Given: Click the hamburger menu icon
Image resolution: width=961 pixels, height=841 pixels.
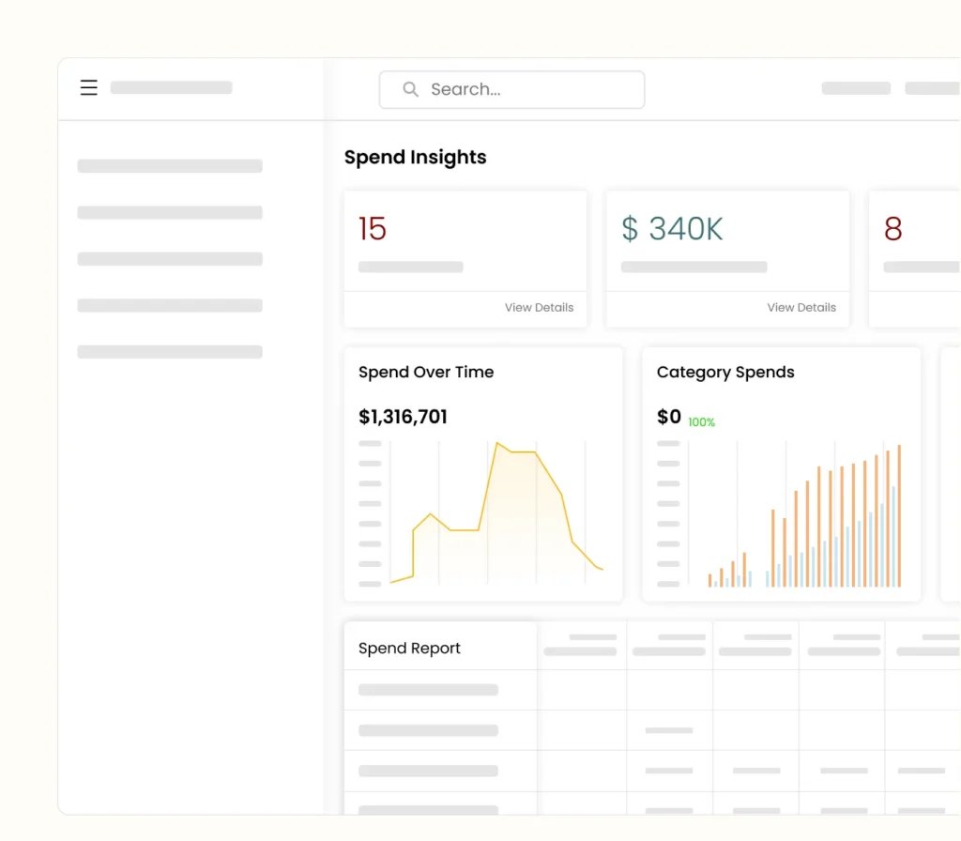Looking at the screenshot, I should (x=89, y=88).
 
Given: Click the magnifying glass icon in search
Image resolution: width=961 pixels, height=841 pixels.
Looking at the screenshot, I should (x=410, y=89).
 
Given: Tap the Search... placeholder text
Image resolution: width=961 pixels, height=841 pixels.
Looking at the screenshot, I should (x=465, y=90).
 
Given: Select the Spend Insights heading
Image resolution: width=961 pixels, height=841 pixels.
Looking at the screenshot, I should (x=415, y=158).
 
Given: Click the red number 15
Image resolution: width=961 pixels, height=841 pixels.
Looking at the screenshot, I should (x=373, y=228).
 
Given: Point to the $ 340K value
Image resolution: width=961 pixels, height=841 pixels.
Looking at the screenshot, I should (x=672, y=228).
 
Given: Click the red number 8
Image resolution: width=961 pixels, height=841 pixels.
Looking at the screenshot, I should (x=892, y=228).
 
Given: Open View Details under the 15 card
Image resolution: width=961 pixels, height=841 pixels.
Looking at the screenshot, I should (x=539, y=307).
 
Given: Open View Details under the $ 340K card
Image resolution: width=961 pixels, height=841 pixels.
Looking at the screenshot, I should (x=801, y=307).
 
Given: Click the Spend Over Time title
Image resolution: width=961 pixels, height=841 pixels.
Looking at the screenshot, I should (x=426, y=372).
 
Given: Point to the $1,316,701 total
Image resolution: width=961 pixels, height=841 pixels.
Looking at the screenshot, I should (x=403, y=417).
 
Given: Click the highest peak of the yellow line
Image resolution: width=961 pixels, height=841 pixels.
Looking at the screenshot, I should (x=497, y=443).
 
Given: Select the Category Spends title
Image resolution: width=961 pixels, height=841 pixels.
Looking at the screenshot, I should (x=725, y=372).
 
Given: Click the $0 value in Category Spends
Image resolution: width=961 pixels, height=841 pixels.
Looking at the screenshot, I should (x=669, y=417).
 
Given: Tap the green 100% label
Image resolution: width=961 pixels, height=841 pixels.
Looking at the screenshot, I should (x=701, y=422).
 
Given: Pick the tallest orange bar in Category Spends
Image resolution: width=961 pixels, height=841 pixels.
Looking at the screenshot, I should (x=899, y=515).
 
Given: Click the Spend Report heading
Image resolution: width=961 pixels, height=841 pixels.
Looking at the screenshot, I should (x=409, y=649).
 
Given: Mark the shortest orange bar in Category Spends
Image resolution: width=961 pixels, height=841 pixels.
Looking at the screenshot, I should (x=710, y=580).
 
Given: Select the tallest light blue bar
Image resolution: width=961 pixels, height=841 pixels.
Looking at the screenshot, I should (x=893, y=536).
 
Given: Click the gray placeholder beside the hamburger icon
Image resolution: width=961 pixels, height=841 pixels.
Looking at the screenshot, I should (x=171, y=88).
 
